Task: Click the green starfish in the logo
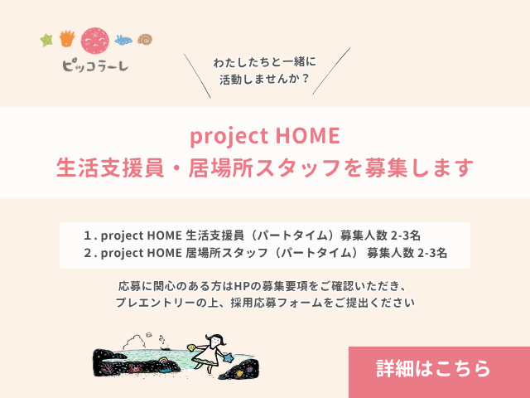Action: (47, 38)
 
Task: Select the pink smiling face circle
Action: (94, 40)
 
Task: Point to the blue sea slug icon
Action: (124, 39)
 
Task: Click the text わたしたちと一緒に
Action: (265, 62)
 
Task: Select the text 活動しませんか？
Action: (265, 80)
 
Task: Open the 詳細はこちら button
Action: (433, 367)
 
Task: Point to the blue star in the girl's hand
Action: (229, 358)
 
